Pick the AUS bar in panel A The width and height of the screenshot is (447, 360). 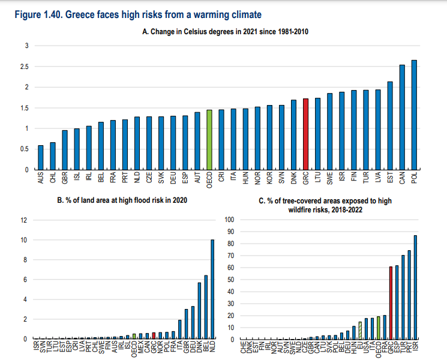pos(40,158)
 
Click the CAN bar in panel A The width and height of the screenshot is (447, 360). pos(402,118)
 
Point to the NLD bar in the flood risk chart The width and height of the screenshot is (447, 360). pos(212,290)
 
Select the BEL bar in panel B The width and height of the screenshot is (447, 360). pos(205,307)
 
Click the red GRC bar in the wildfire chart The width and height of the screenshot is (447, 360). pos(391,303)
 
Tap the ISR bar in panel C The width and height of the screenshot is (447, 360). pos(415,287)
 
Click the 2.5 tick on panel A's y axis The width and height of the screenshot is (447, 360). pos(25,67)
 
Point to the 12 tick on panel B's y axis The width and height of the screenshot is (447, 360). pos(24,220)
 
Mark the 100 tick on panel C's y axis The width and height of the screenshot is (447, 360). pos(228,220)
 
